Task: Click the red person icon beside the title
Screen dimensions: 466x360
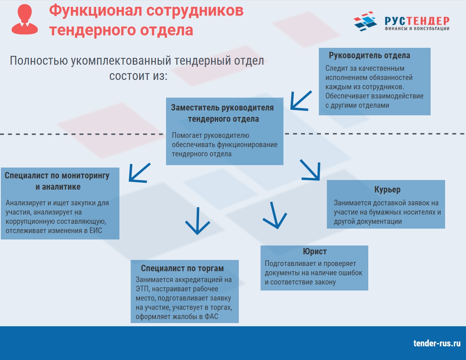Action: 25,19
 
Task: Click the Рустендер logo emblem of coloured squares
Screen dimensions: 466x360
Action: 365,21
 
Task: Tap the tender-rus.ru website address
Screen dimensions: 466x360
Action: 437,344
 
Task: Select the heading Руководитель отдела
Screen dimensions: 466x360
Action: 369,55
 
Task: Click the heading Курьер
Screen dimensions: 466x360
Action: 387,190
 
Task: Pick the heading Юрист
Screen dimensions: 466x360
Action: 315,252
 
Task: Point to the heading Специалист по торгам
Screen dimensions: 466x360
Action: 182,268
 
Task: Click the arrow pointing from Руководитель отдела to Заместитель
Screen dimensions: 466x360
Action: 301,101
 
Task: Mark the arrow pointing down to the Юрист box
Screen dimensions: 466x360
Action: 275,215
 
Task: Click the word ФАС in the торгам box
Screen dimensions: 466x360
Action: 211,317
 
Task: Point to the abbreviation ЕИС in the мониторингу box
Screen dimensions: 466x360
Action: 96,231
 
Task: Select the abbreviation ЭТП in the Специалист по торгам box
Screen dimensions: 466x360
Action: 143,289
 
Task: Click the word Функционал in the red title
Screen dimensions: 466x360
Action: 95,11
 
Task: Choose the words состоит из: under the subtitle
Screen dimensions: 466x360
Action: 138,76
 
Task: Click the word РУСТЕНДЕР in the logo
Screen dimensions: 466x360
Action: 417,21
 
